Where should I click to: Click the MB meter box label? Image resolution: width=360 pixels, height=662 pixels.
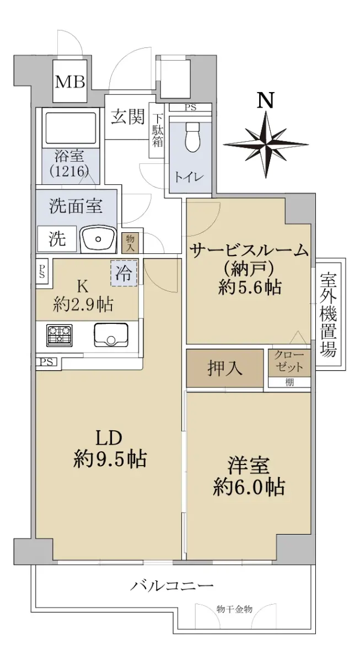tap(70, 82)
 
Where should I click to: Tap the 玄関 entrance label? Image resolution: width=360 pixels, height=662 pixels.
tap(127, 116)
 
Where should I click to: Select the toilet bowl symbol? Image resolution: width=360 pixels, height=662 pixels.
tap(192, 137)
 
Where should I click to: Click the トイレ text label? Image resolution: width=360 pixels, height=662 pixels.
tap(189, 177)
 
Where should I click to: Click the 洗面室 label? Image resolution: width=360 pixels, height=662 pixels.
tap(76, 206)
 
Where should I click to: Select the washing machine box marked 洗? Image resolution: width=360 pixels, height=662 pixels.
tap(57, 239)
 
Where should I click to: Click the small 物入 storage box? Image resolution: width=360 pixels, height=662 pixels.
tap(130, 243)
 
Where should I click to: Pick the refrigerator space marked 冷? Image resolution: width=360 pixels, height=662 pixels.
tap(123, 273)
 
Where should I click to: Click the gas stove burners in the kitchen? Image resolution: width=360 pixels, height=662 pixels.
tap(60, 335)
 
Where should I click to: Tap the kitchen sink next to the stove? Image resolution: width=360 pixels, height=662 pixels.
tap(111, 335)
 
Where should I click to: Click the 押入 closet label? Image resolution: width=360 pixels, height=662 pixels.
tap(225, 369)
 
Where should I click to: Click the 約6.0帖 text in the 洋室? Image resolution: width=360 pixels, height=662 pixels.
tap(249, 487)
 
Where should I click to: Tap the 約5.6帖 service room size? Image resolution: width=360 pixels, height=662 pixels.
tap(250, 287)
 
